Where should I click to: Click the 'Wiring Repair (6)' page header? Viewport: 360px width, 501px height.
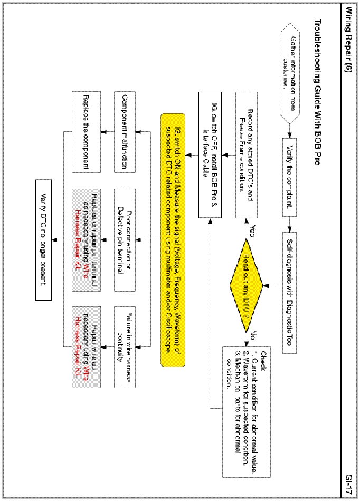pos(349,48)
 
